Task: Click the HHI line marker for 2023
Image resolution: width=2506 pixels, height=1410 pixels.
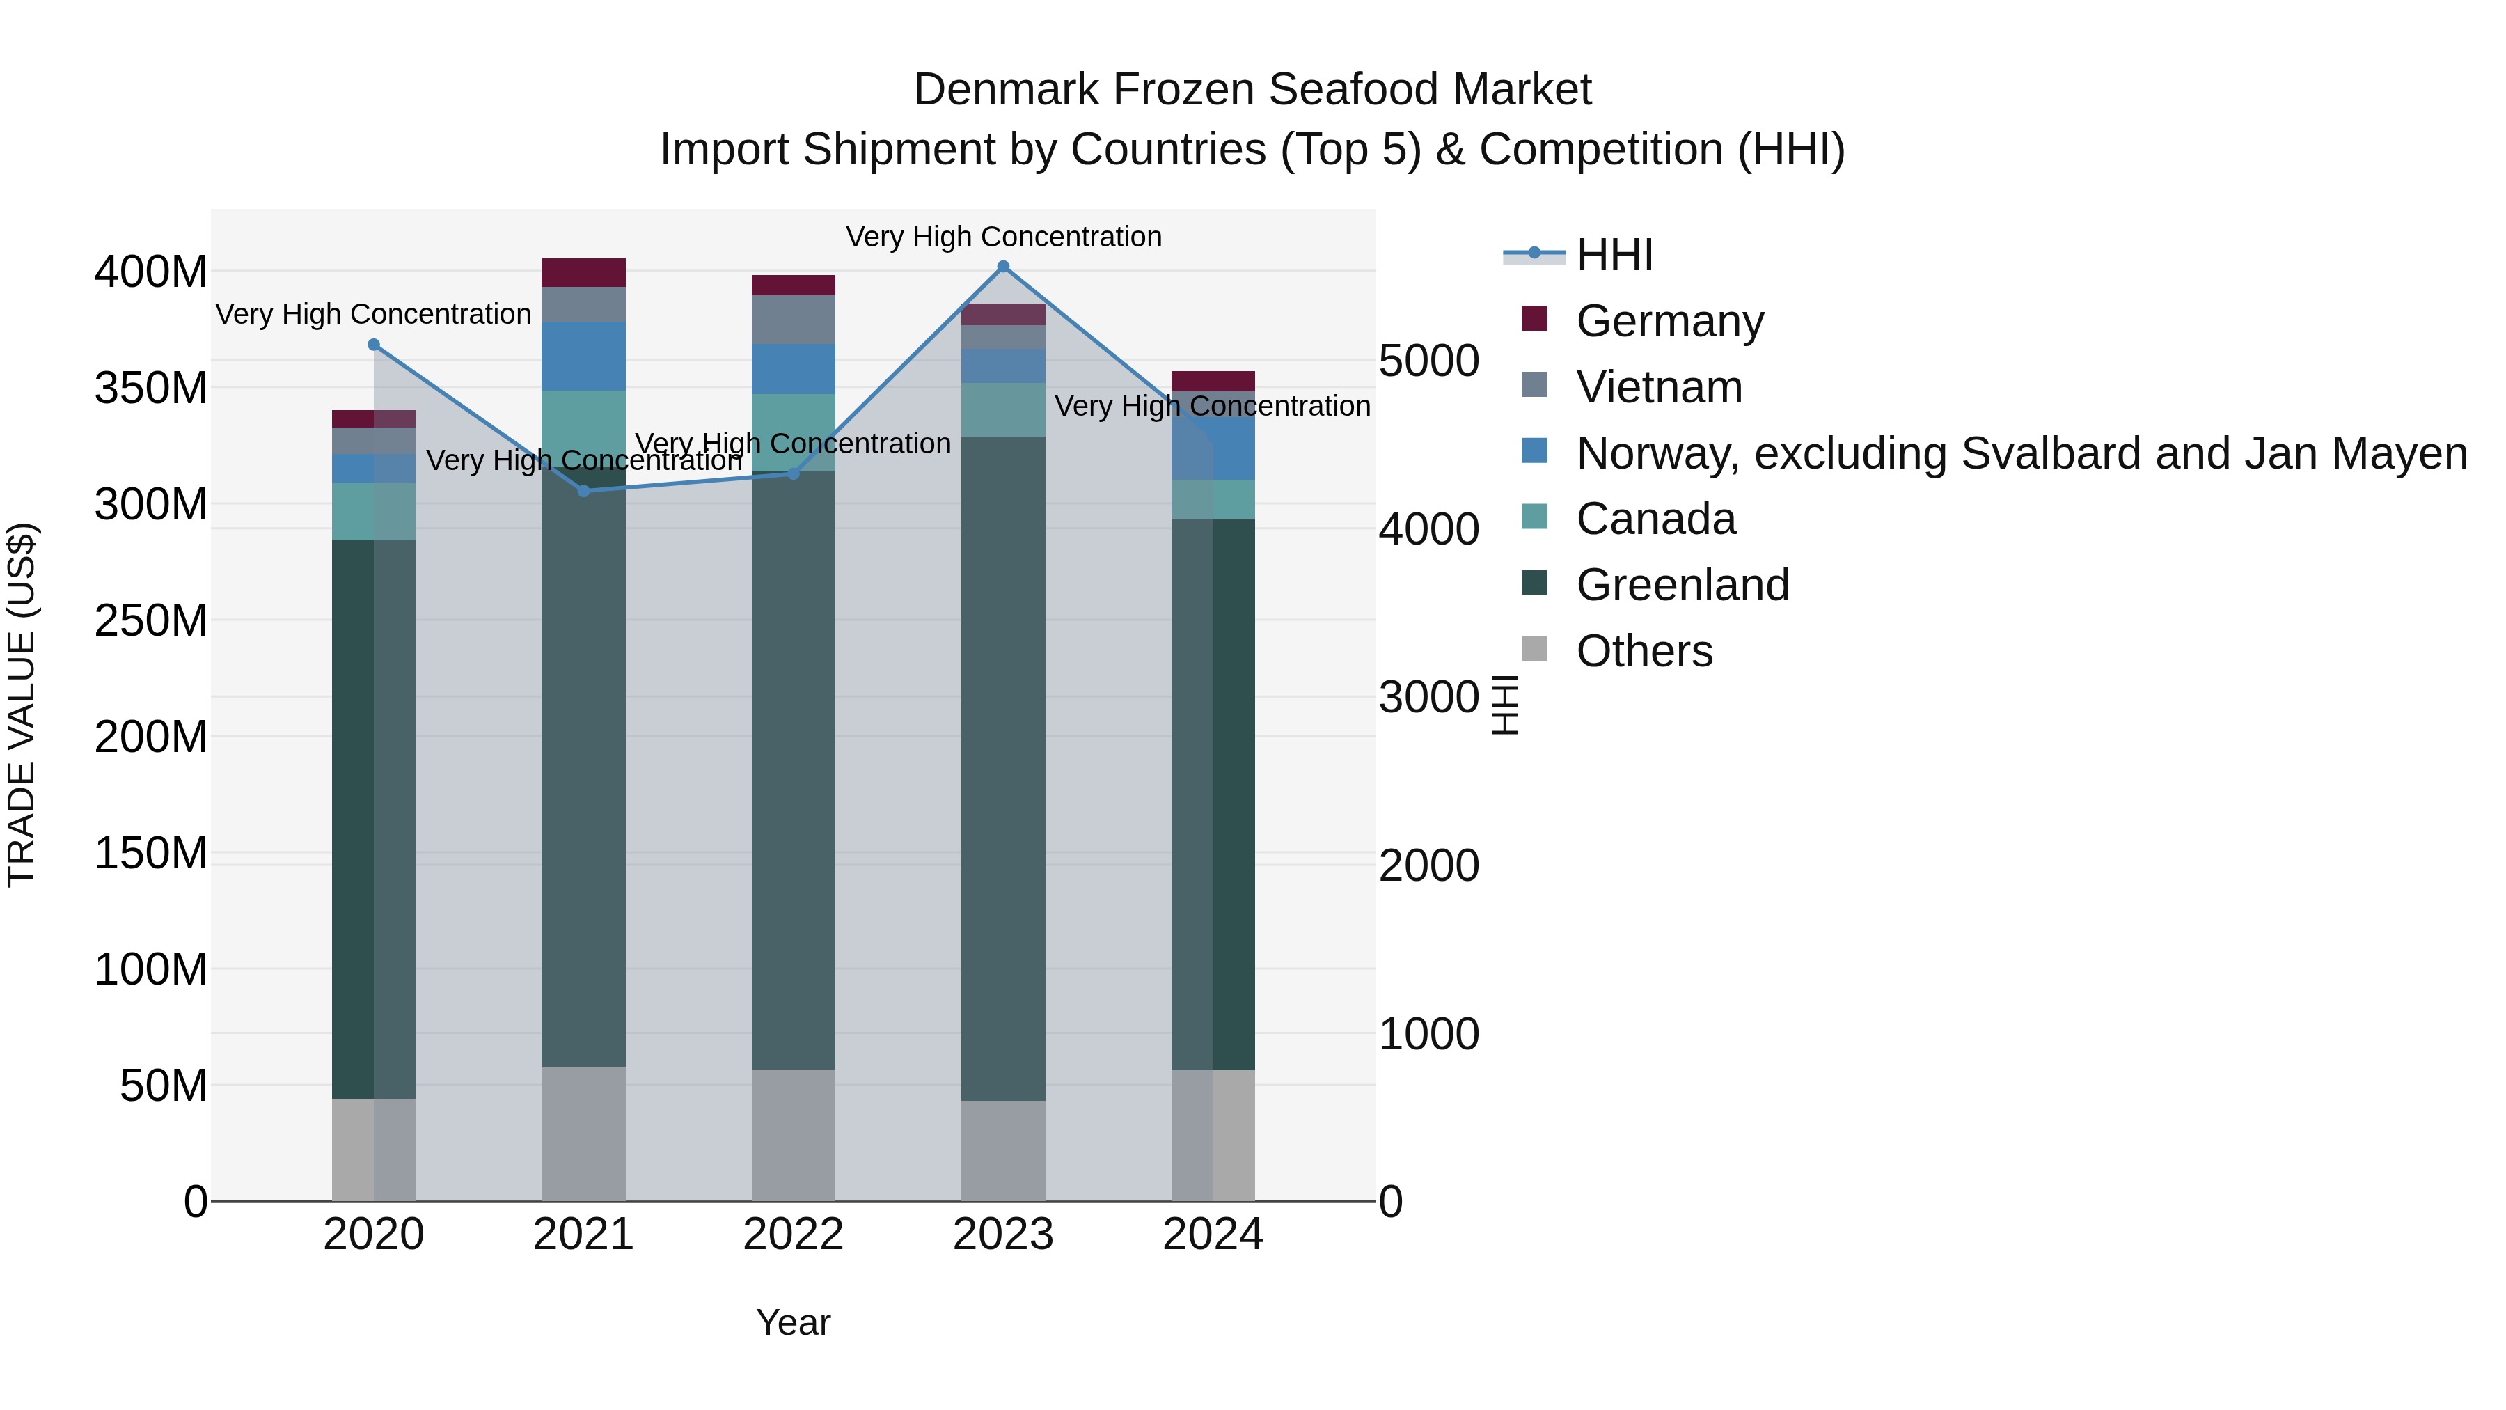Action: (x=1003, y=267)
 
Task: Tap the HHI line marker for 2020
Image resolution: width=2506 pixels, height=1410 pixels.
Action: (x=374, y=345)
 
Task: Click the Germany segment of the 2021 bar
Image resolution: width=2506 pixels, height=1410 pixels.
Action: (x=584, y=272)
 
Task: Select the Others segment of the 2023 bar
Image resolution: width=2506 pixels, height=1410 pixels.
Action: (x=1003, y=1150)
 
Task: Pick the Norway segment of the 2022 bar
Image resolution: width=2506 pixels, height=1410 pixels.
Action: (x=793, y=369)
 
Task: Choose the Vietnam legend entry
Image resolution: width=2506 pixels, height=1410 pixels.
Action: (x=1660, y=387)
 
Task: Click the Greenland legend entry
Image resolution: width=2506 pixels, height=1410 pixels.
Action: (x=1682, y=585)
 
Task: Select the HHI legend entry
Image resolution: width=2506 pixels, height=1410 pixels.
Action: (x=1615, y=255)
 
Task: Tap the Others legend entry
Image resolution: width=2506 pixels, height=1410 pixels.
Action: (x=1644, y=651)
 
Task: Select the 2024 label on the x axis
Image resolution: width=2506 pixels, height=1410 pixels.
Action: (x=1213, y=1235)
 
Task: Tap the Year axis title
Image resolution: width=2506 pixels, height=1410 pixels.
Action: (x=793, y=1322)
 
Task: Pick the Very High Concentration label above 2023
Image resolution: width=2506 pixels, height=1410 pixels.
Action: (x=1003, y=237)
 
